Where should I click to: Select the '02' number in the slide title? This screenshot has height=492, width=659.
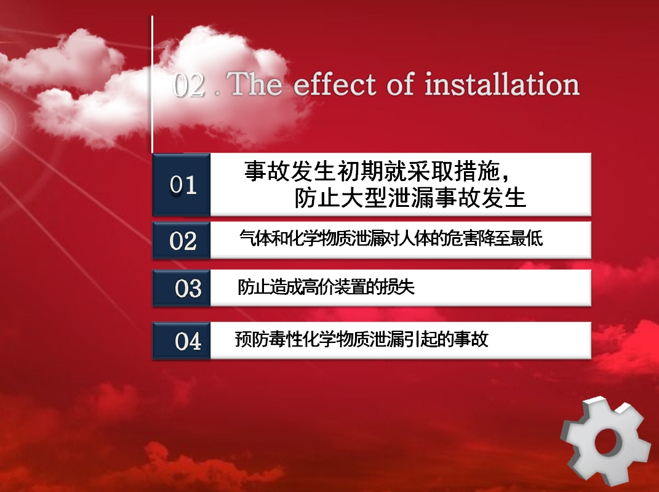(189, 84)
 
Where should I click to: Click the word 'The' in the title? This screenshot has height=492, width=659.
(257, 84)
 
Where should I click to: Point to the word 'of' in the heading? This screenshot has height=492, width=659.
(401, 84)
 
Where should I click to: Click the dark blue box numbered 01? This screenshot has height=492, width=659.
(181, 185)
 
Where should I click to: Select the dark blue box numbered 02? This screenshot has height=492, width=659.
(181, 240)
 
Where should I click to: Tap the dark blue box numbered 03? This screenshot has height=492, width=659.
(181, 288)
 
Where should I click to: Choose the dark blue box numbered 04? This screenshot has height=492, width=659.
(181, 341)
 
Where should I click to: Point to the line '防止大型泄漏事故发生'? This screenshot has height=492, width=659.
(410, 198)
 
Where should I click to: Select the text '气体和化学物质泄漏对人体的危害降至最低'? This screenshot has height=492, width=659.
(391, 238)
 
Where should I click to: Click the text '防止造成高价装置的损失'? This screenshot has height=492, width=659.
(326, 287)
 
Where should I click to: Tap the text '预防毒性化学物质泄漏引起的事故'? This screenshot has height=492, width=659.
(361, 339)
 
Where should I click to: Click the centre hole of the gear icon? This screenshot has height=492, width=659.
(605, 442)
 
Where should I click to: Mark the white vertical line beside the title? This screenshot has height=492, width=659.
(152, 84)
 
